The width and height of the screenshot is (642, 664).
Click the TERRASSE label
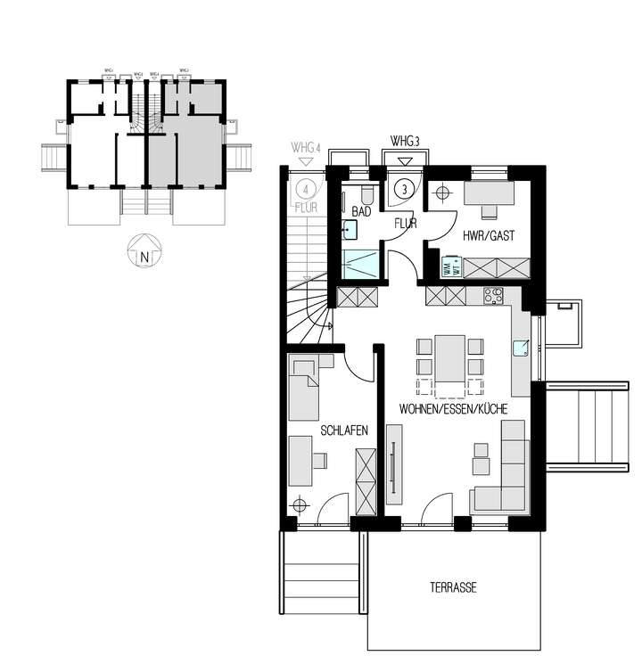(x=452, y=587)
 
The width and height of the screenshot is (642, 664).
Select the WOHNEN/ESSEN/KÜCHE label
(x=454, y=410)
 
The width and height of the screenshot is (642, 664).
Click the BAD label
(x=361, y=212)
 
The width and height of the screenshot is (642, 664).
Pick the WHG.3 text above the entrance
(x=405, y=141)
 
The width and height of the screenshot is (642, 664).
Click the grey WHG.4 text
(x=305, y=146)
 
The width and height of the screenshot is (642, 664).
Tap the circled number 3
(x=404, y=189)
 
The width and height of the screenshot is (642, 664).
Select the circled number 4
(x=305, y=189)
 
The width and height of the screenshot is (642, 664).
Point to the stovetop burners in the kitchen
(x=493, y=295)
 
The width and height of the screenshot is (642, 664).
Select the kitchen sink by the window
(x=522, y=347)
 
